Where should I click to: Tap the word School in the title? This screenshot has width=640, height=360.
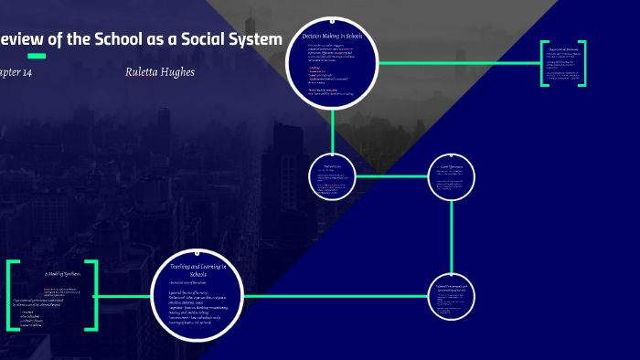pos(125,39)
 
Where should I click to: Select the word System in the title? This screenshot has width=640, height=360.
pos(252,39)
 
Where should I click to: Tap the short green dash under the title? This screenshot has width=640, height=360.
pos(37,57)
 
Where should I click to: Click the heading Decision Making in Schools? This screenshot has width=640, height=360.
pos(333,36)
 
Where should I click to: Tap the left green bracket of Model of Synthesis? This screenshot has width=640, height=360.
pos(10,295)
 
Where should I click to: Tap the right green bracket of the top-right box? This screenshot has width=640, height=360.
pos(582,63)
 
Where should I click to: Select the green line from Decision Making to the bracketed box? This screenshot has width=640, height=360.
pos(457,63)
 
